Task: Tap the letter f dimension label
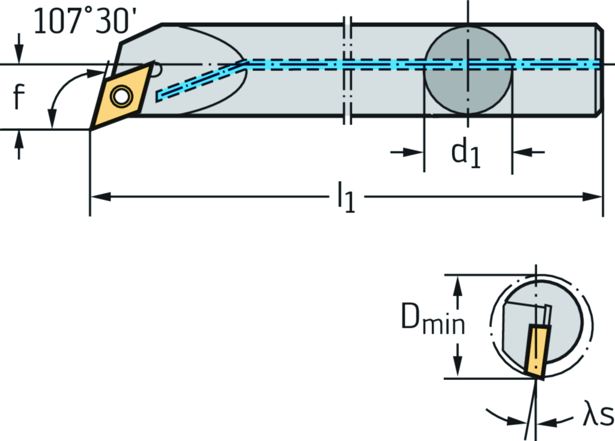point(19,97)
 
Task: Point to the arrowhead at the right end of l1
point(595,196)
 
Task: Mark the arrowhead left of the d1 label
point(417,152)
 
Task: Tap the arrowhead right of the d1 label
point(520,152)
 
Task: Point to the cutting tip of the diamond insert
point(91,128)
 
